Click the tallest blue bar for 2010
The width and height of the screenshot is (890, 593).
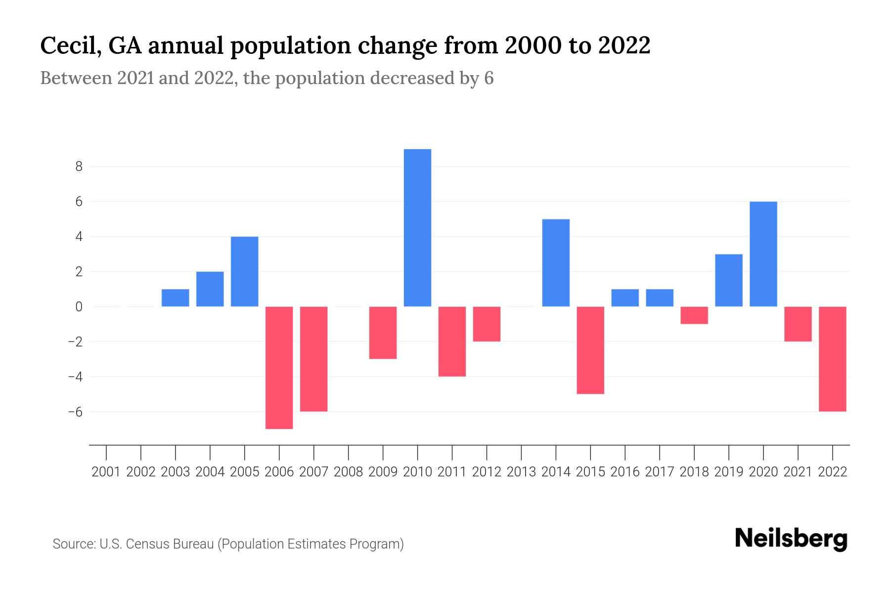tap(417, 228)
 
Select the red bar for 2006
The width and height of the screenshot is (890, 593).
tap(279, 368)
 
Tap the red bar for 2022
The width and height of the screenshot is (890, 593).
tap(833, 359)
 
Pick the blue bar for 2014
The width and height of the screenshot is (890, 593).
tap(556, 263)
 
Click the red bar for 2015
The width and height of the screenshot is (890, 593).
tap(590, 350)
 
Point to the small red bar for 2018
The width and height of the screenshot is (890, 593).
tap(694, 315)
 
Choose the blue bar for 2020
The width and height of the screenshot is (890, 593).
tap(763, 254)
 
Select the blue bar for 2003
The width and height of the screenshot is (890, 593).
tap(176, 298)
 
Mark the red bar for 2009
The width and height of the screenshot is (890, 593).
tap(383, 333)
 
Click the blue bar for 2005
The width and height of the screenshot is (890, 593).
tap(245, 272)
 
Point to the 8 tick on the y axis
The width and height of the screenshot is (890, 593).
tap(79, 167)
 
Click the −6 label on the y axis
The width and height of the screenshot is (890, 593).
tap(75, 412)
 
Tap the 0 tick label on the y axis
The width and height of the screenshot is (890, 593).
tap(79, 307)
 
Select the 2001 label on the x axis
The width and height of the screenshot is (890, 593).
tap(106, 472)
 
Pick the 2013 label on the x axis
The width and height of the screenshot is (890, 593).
tap(521, 472)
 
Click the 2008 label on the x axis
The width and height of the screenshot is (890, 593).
tap(349, 472)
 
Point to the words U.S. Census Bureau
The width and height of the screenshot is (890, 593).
tap(157, 544)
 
